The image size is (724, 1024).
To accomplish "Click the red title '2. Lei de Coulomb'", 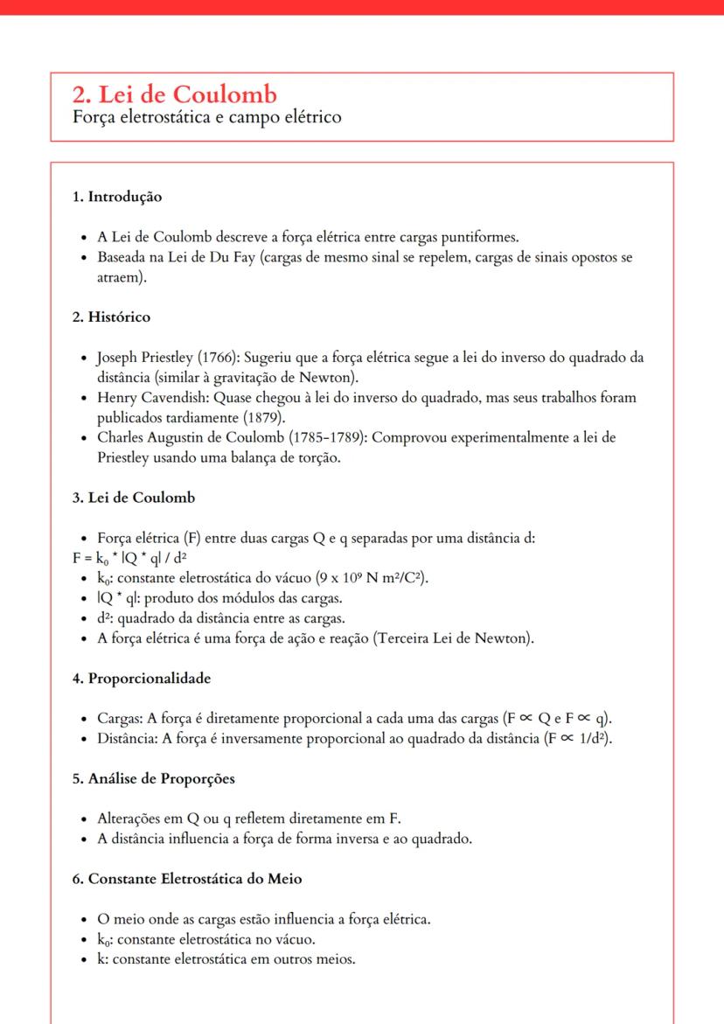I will click(175, 94).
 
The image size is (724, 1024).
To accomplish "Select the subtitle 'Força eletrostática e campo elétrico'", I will click(206, 116).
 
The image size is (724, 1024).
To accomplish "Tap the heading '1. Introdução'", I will click(117, 197).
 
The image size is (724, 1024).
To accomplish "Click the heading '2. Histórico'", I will click(111, 317).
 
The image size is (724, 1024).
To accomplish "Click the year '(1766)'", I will click(217, 357).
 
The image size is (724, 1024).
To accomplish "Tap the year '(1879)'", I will click(247, 417).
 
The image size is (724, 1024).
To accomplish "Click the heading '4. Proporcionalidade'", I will click(142, 678).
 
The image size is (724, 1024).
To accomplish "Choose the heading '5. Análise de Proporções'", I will click(153, 778).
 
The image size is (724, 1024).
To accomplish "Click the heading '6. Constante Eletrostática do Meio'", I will click(187, 879).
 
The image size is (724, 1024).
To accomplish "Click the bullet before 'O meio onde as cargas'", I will click(81, 920).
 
